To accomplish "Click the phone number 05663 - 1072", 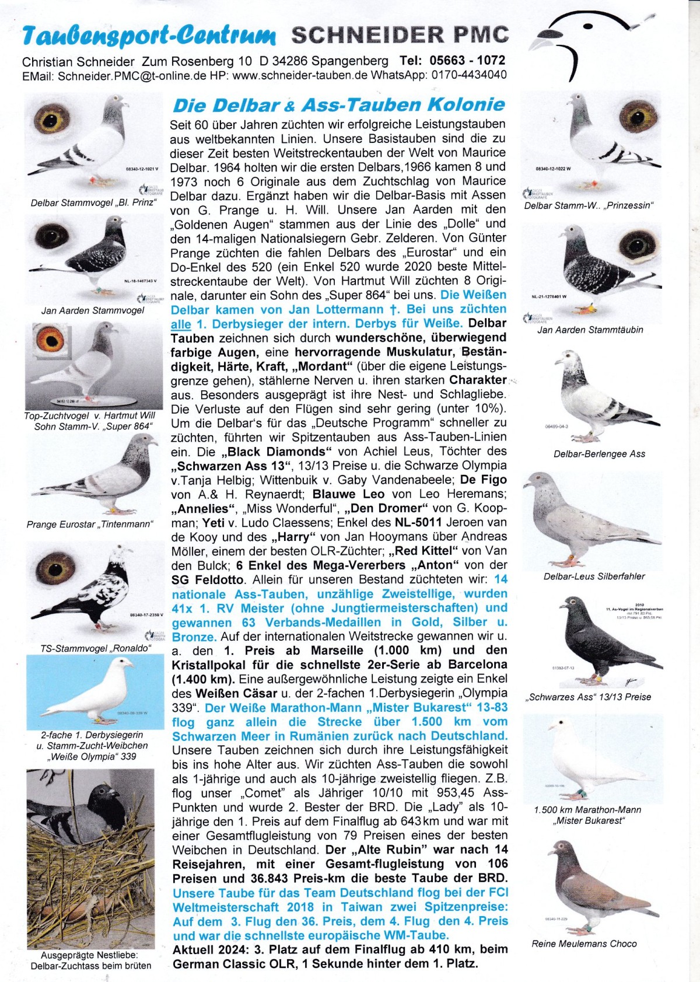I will [x=467, y=61].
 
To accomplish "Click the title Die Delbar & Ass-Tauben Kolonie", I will [x=338, y=106].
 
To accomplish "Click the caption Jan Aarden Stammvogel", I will [x=92, y=310].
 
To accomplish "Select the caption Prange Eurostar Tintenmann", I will [x=89, y=524].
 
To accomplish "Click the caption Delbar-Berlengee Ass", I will [x=599, y=453].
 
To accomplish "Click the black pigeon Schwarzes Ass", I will [x=589, y=642].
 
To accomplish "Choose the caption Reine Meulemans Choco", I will [x=584, y=943].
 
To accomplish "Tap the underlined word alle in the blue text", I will [x=181, y=324].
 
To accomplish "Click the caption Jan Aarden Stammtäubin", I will [x=590, y=329].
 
